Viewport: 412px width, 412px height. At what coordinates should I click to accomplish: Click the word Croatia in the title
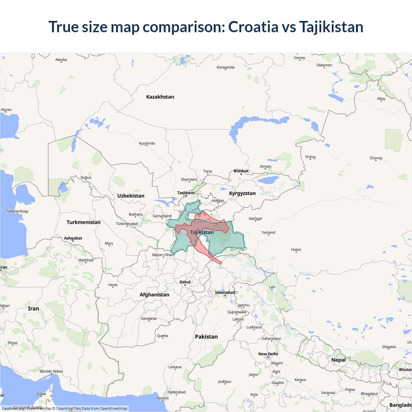tap(253, 27)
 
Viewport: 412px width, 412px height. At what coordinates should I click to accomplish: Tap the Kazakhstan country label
tap(160, 97)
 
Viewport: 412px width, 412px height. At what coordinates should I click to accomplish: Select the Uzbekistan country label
tap(131, 196)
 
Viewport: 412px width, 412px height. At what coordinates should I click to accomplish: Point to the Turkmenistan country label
tap(83, 222)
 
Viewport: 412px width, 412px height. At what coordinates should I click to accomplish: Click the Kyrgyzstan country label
tap(242, 193)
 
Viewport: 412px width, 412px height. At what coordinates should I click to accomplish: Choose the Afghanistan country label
tap(154, 295)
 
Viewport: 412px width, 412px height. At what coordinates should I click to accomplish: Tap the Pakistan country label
tap(206, 337)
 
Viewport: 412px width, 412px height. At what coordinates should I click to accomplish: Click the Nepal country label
tap(338, 360)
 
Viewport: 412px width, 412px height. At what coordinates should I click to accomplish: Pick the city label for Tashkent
tap(186, 193)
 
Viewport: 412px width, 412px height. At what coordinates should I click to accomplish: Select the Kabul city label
tap(185, 282)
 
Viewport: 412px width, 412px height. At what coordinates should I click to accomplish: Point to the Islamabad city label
tap(225, 293)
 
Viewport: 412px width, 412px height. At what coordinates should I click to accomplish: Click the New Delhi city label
tap(268, 354)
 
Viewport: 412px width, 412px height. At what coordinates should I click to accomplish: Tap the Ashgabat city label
tap(73, 238)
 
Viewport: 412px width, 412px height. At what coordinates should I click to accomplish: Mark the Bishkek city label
tap(241, 171)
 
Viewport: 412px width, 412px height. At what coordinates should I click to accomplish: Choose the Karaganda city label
tap(225, 67)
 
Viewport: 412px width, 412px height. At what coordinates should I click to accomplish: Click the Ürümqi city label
tap(376, 158)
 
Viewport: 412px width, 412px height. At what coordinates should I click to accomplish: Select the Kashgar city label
tap(255, 219)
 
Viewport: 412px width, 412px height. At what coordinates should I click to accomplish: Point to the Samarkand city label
tap(162, 216)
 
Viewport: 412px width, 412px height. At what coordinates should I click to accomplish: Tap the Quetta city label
tap(163, 336)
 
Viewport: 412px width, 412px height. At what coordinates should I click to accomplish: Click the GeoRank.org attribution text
tap(13, 408)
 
